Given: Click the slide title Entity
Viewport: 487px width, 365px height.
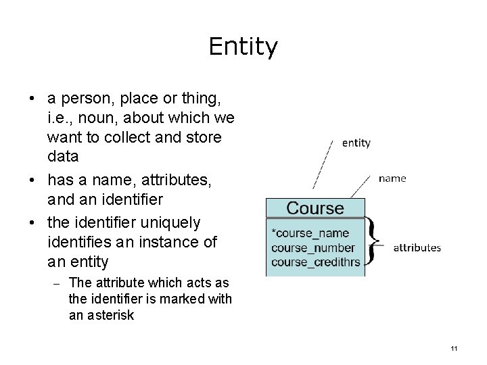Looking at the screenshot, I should click(x=243, y=47).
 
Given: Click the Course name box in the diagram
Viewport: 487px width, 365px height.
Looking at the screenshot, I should click(x=315, y=208).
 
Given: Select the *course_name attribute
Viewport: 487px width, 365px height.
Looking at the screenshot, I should click(x=310, y=234).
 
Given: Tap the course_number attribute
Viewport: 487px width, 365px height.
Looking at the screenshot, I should click(x=312, y=247).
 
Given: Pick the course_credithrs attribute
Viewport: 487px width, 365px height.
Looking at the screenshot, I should click(x=315, y=261).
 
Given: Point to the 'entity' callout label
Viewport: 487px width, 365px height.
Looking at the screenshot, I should click(x=356, y=143).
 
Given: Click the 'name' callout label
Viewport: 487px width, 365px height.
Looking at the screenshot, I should click(x=392, y=178).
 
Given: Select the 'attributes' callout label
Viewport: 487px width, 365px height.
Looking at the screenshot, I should click(x=417, y=247).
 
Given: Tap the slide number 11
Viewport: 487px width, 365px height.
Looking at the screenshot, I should click(x=453, y=348).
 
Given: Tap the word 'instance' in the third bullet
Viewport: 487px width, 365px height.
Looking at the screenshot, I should click(x=162, y=241).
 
